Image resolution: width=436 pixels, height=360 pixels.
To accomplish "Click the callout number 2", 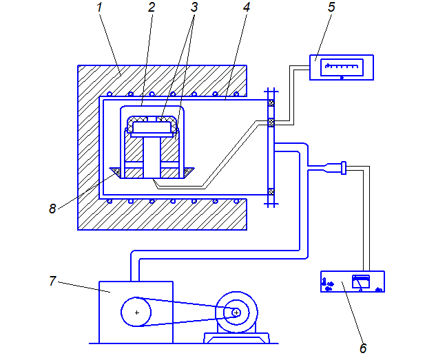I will [152, 8].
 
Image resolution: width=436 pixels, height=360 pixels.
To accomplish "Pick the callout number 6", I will [362, 348].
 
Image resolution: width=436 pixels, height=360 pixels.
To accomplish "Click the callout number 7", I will [52, 281].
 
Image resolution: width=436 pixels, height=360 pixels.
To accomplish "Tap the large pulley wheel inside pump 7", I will [137, 313].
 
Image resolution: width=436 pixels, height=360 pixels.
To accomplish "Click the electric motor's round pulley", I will [236, 313].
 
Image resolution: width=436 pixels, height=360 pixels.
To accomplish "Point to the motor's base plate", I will [237, 337].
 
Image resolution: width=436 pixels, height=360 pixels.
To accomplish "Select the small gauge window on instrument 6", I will [361, 281].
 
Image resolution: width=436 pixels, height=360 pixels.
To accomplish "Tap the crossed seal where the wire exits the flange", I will [271, 124].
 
